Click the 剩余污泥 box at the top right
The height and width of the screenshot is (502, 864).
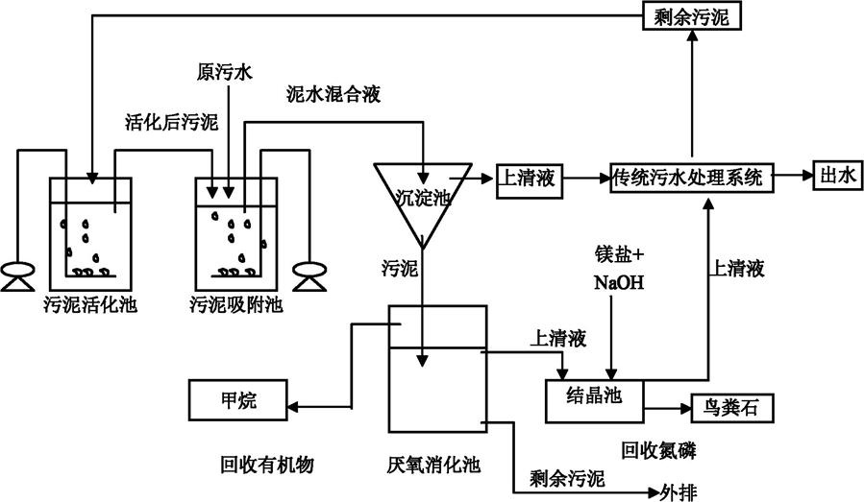[x=691, y=15]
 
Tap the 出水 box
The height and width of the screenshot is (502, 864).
[x=836, y=177]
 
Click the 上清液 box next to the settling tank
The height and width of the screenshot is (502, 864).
[x=529, y=178]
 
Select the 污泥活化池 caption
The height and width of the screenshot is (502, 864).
[x=90, y=305]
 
